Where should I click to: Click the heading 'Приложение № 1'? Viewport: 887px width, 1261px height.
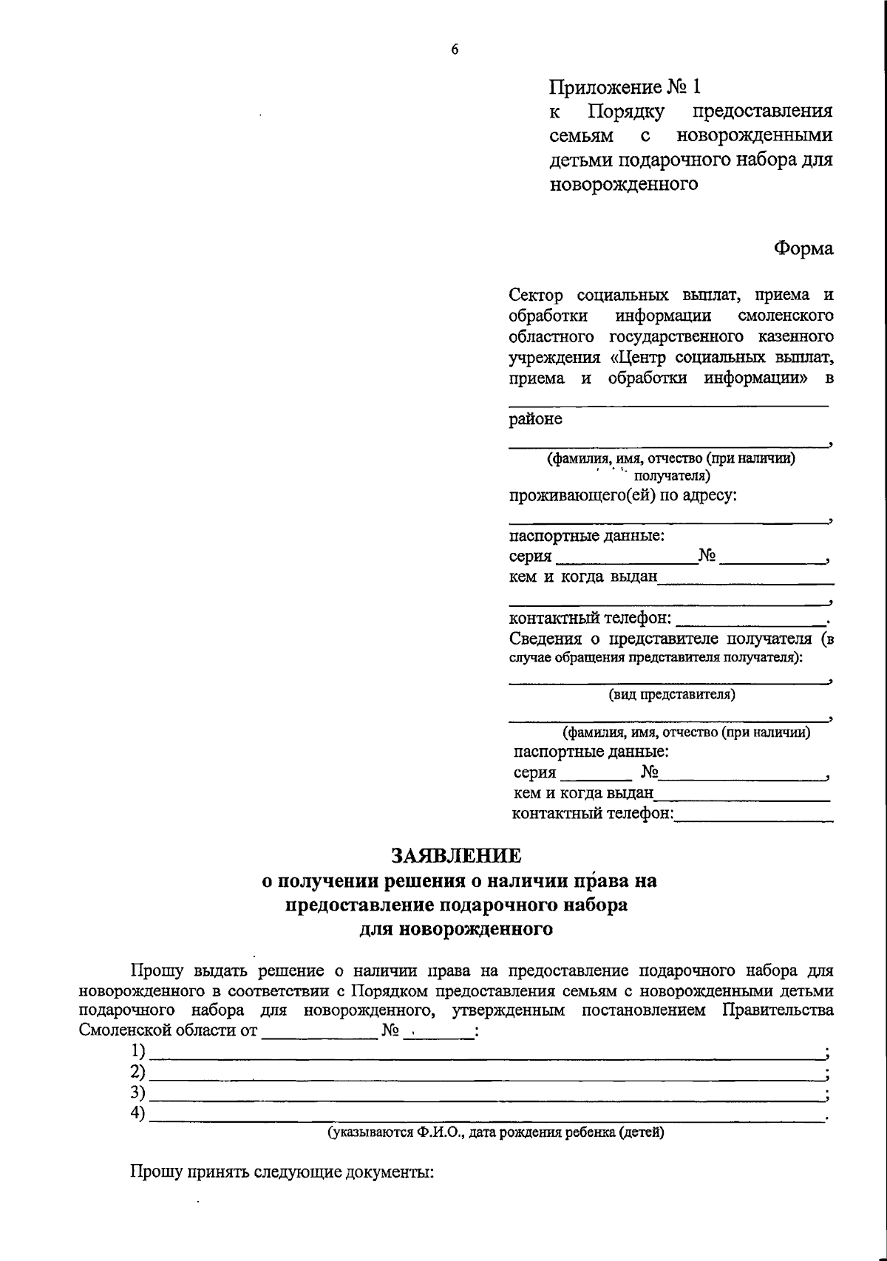624,87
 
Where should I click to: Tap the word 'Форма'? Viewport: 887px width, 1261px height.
803,249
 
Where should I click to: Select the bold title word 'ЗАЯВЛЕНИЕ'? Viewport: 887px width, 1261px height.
456,856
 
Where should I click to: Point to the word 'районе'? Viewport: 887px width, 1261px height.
535,419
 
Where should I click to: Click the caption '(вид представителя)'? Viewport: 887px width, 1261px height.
672,695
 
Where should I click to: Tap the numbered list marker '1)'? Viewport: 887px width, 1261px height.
137,1050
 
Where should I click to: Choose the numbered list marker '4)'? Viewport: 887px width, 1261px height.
137,1113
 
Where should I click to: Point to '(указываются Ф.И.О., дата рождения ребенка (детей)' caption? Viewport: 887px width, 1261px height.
496,1132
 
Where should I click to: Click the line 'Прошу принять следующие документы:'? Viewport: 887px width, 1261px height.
281,1172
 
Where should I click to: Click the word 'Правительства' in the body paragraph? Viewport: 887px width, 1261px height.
778,1010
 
